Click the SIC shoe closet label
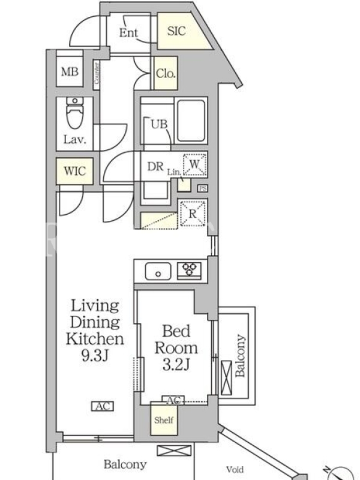click(176, 31)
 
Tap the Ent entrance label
click(128, 32)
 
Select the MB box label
click(70, 71)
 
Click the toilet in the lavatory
click(74, 113)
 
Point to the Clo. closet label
click(166, 73)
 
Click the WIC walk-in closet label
click(74, 171)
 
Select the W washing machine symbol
click(194, 164)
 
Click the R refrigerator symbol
click(193, 214)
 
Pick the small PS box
click(202, 188)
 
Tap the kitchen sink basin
click(158, 271)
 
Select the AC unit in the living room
click(103, 406)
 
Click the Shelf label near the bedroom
click(164, 420)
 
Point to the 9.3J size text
click(95, 355)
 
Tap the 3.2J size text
click(176, 364)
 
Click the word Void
click(235, 469)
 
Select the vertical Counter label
click(97, 73)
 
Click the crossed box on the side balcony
click(226, 378)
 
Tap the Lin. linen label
click(173, 172)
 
